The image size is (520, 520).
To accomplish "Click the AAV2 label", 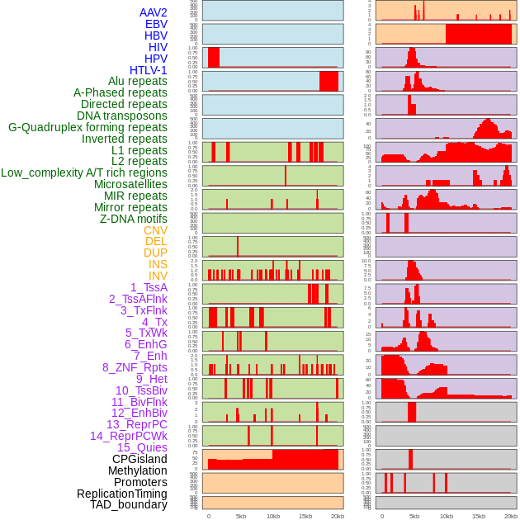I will coord(153,12).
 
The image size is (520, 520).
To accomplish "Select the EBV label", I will coord(156,24).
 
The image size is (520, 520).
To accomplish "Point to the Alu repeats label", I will coord(137,81).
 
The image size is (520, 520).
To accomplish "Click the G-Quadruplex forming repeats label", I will coord(87,127).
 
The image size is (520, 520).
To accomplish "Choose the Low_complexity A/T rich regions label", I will coord(84,173).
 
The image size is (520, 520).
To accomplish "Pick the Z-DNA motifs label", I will coord(133,219).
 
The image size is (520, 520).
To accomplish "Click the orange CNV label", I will coord(155,230).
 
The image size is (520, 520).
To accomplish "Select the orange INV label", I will coord(158,276).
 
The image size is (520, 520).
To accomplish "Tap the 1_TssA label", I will coord(149,287).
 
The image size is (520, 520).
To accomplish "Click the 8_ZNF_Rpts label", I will coord(135,367).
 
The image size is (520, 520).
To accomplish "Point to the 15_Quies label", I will coord(142,447).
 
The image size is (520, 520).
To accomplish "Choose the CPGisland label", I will coord(139,459).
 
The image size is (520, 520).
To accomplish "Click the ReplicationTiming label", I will coord(121,494).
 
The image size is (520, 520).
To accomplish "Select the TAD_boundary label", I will coord(128,504).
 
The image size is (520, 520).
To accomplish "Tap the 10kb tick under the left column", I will coord(273,516).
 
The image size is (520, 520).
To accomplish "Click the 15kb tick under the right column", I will coord(479,516).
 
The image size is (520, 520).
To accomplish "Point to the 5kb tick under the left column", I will coord(241,516).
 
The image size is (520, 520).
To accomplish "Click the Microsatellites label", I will coord(130,184).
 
